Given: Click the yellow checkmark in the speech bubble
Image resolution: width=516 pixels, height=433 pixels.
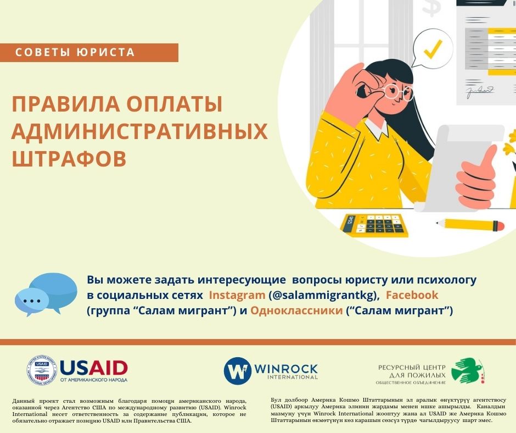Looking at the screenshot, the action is pos(434,49).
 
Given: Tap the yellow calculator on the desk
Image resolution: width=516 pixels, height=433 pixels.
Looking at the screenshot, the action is pos(374,225).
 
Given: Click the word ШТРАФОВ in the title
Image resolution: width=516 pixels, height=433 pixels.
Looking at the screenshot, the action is pos(69,159).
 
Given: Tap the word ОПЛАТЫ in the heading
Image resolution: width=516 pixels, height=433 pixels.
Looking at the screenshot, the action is pos(175,104).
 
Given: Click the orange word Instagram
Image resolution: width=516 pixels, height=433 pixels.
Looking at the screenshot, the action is pos(237,295).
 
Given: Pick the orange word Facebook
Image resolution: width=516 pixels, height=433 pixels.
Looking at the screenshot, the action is pos(412,295).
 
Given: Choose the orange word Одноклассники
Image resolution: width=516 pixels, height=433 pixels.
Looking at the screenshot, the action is pos(296,310).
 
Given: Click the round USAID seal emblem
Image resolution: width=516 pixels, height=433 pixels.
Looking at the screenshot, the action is pos(42,370).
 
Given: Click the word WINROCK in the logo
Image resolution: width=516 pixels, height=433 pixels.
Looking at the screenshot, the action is pos(286,368).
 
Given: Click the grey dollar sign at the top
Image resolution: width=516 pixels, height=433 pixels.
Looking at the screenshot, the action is pos(431,7).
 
